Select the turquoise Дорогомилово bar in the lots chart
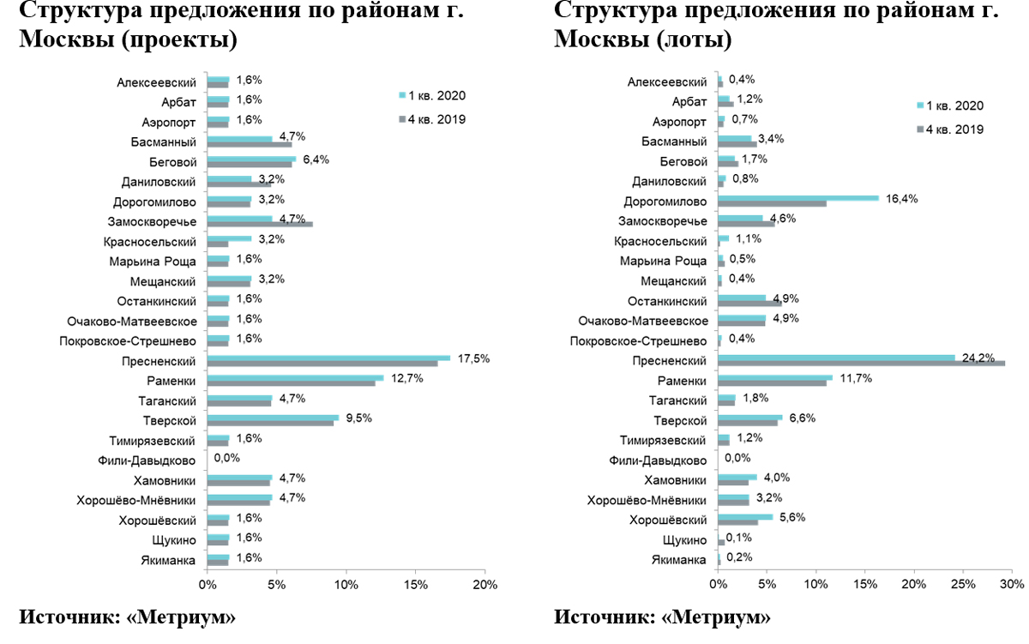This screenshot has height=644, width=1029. point(797,198)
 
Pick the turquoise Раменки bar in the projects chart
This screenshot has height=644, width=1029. point(295,377)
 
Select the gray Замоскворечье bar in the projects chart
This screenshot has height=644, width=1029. point(260,224)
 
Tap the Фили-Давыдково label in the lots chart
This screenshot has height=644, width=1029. point(659,460)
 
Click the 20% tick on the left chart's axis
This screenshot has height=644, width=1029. point(484,584)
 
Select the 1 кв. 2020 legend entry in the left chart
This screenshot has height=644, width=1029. point(432,95)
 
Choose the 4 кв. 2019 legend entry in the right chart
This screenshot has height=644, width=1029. point(949,129)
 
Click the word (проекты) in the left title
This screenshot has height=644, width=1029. point(182,40)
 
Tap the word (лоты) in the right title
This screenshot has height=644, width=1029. point(692,40)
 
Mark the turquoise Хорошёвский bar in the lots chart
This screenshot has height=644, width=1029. point(745,517)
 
